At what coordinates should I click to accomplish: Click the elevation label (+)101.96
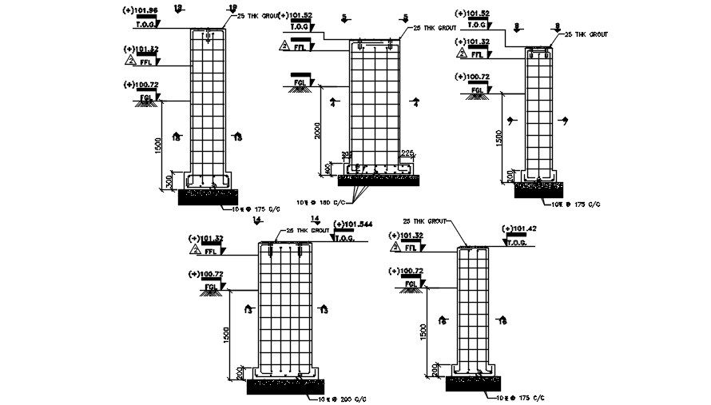(142, 10)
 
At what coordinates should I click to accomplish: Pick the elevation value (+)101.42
(519, 229)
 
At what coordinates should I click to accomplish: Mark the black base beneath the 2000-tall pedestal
(375, 181)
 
